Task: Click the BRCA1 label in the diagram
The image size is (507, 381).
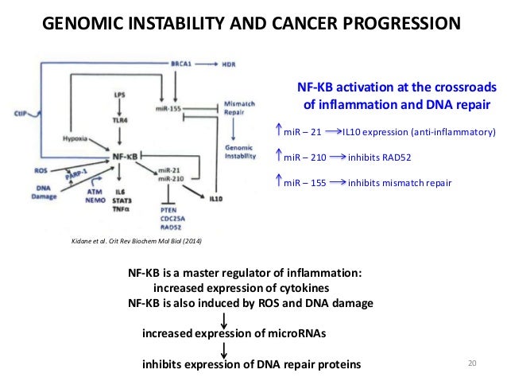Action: (x=184, y=62)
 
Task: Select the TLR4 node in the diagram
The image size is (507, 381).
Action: (x=120, y=113)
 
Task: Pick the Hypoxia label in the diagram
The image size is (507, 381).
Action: (x=74, y=138)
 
